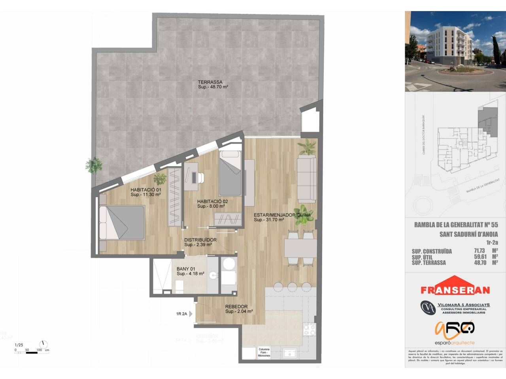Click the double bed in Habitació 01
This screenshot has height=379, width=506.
121,222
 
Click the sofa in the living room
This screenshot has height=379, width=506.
307,178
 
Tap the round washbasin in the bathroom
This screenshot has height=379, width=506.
213,275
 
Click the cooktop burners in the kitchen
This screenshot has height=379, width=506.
309,329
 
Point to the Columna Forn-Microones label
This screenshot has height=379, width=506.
264,353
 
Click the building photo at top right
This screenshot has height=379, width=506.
455,51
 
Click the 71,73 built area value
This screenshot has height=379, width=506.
480,251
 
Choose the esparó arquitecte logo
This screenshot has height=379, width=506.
455,334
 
